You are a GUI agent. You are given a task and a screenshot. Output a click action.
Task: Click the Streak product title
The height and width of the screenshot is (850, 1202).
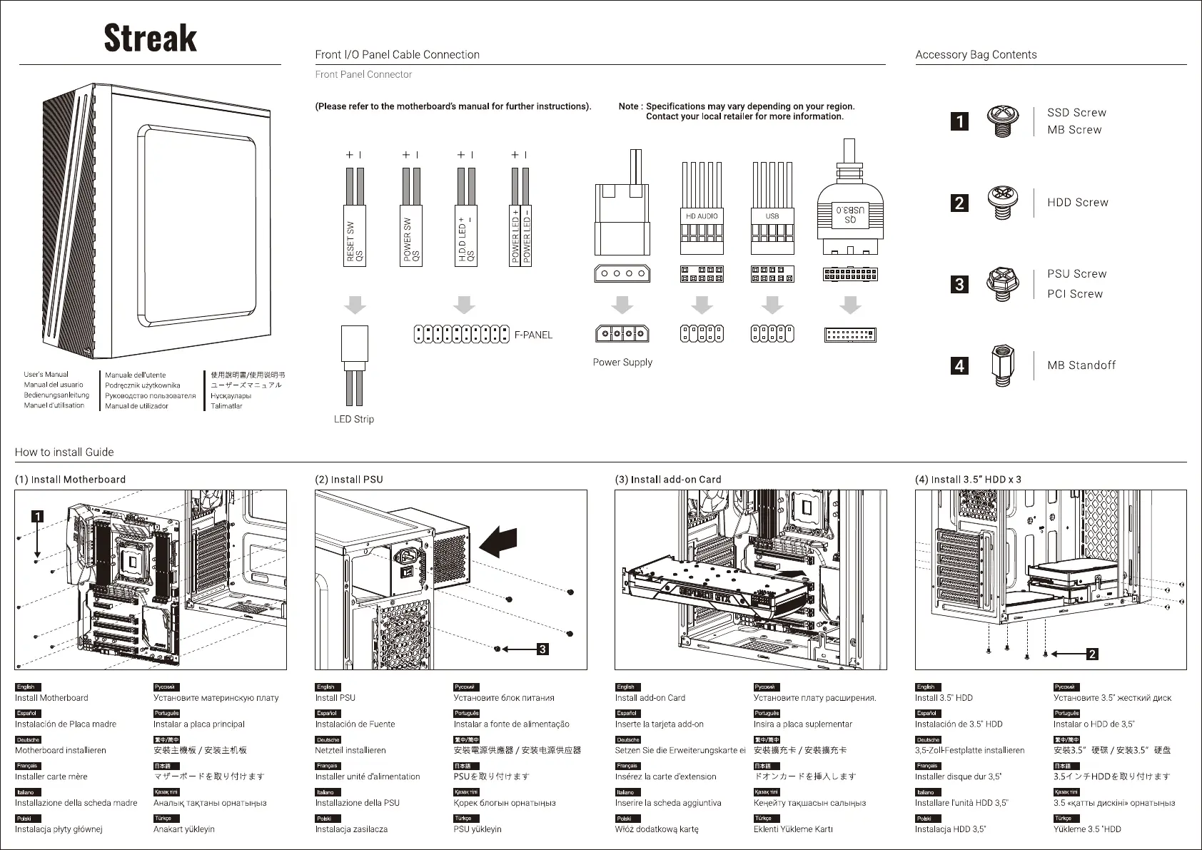tap(150, 38)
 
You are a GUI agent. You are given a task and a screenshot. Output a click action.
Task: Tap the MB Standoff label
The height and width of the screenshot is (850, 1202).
tap(1081, 365)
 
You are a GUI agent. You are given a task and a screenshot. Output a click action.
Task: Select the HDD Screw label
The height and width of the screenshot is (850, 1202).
tap(1077, 203)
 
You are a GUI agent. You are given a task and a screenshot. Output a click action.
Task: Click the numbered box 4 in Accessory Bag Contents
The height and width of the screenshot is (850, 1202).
tap(959, 366)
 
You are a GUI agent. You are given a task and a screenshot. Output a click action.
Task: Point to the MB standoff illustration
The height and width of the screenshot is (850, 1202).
tap(1001, 365)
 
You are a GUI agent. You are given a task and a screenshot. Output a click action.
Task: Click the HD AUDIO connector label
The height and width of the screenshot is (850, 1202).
tap(702, 216)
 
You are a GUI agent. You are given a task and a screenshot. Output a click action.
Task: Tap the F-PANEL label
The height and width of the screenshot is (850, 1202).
tap(533, 335)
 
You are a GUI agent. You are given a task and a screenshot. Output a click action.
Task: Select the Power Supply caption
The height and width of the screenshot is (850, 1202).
tap(622, 362)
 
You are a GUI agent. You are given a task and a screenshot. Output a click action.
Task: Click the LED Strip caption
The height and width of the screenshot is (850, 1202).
tap(353, 419)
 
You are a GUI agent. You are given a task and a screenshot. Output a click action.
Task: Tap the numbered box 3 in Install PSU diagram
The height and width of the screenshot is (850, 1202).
tap(542, 649)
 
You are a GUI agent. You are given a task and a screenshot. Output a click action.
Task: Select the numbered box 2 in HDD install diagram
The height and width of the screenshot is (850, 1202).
tap(1091, 653)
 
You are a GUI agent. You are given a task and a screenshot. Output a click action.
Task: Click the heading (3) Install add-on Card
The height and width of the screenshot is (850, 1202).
tap(668, 480)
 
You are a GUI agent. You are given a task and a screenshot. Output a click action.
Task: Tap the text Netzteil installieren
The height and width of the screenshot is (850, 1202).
tap(350, 750)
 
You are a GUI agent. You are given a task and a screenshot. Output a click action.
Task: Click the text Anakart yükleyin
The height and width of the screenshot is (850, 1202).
tap(183, 829)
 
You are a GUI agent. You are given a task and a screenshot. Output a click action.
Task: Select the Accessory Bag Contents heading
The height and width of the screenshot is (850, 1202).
tap(976, 55)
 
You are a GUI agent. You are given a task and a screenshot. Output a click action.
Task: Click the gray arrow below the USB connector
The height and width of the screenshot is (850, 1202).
tap(772, 305)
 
